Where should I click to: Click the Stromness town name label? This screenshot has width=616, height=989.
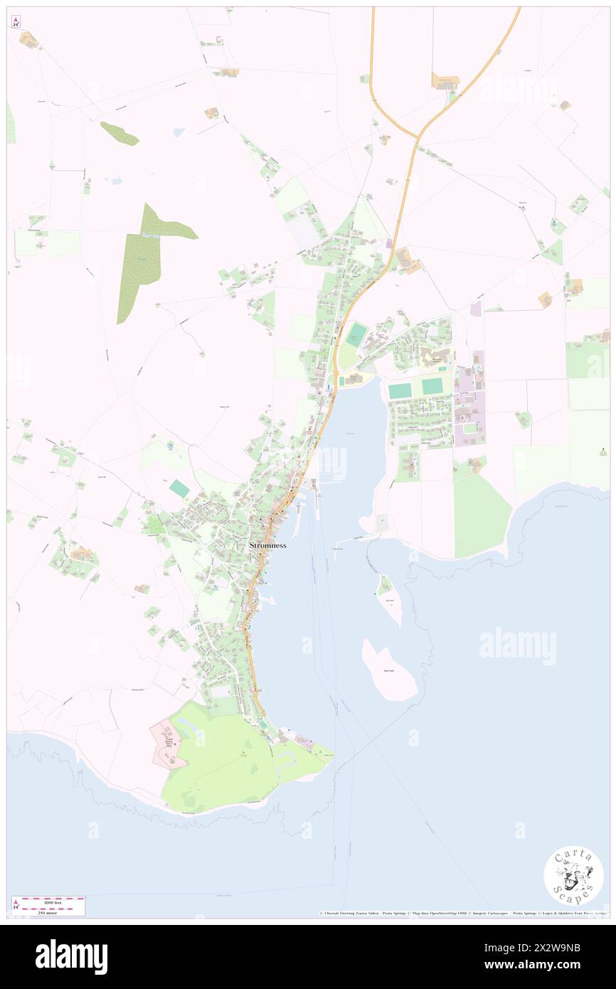[x=267, y=546]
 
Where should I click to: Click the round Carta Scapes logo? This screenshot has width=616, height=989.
[x=573, y=875]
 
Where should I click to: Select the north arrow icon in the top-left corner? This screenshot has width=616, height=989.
[x=16, y=22]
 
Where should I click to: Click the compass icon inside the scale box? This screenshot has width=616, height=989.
[x=16, y=906]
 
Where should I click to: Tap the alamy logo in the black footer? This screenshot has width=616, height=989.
[x=71, y=957]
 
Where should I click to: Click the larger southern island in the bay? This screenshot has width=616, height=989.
[x=389, y=670]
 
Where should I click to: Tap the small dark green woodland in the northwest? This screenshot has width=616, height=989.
[x=119, y=133]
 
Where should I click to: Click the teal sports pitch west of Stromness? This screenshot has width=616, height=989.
[x=180, y=489]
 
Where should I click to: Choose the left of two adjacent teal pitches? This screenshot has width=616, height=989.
[x=400, y=391]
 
